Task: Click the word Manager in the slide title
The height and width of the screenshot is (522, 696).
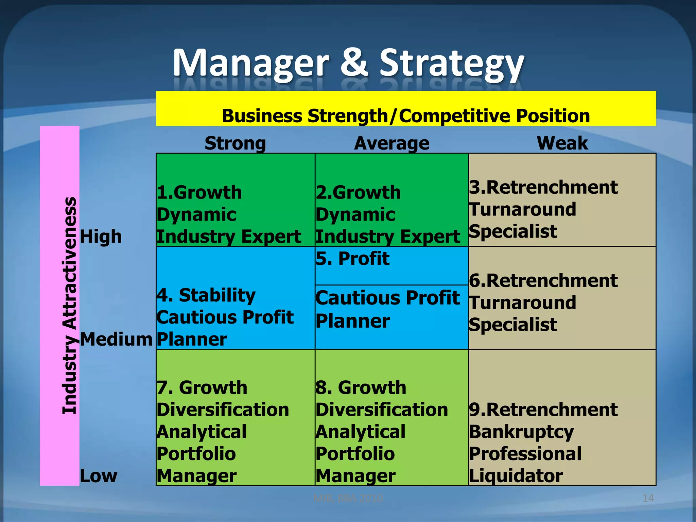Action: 251,63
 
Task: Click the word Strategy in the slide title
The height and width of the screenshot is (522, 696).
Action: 451,63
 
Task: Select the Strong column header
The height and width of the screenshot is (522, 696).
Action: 235,143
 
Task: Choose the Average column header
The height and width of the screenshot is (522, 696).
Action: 391,143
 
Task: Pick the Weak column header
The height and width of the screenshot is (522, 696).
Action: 562,143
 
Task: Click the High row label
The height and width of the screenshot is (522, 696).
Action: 101,236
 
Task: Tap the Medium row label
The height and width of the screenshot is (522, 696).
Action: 116,339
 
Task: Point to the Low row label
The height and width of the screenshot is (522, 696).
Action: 98,476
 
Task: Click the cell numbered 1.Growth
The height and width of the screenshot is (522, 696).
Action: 199,192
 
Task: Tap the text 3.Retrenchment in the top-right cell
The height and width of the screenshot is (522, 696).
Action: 543,187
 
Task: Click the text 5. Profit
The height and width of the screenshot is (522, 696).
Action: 352,259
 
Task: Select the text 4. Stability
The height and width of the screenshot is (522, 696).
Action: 206,295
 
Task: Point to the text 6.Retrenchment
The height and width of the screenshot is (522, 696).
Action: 543,281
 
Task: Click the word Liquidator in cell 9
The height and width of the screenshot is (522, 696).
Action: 516,476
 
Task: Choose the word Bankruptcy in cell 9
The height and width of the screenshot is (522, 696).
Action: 521,432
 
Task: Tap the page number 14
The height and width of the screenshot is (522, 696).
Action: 648,498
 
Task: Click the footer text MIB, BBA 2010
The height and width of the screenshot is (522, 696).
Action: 348,498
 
